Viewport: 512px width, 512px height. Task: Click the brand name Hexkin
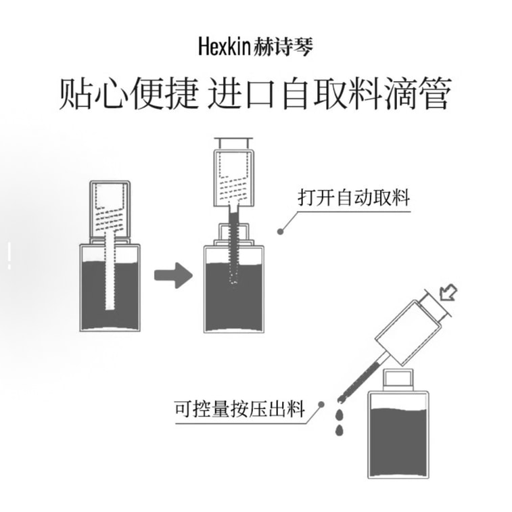(x=225, y=47)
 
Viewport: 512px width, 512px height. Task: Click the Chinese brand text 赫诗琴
(x=283, y=47)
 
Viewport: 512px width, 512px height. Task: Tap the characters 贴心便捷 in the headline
(x=129, y=93)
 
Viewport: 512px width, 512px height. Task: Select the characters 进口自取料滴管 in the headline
(x=330, y=93)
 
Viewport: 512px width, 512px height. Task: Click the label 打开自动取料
(x=354, y=197)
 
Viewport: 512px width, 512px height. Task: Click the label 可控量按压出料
(x=240, y=409)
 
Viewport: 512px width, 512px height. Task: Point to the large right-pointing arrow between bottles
(x=173, y=275)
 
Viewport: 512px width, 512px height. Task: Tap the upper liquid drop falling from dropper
(x=340, y=415)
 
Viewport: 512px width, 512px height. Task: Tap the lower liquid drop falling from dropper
(x=340, y=430)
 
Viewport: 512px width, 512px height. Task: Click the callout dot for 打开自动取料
(x=280, y=231)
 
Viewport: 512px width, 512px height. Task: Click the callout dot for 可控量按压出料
(x=321, y=404)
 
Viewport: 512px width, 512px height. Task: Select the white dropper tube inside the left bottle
(x=110, y=271)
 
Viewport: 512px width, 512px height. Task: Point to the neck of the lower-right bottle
(x=398, y=379)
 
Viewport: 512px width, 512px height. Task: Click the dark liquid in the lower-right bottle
(x=398, y=442)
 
